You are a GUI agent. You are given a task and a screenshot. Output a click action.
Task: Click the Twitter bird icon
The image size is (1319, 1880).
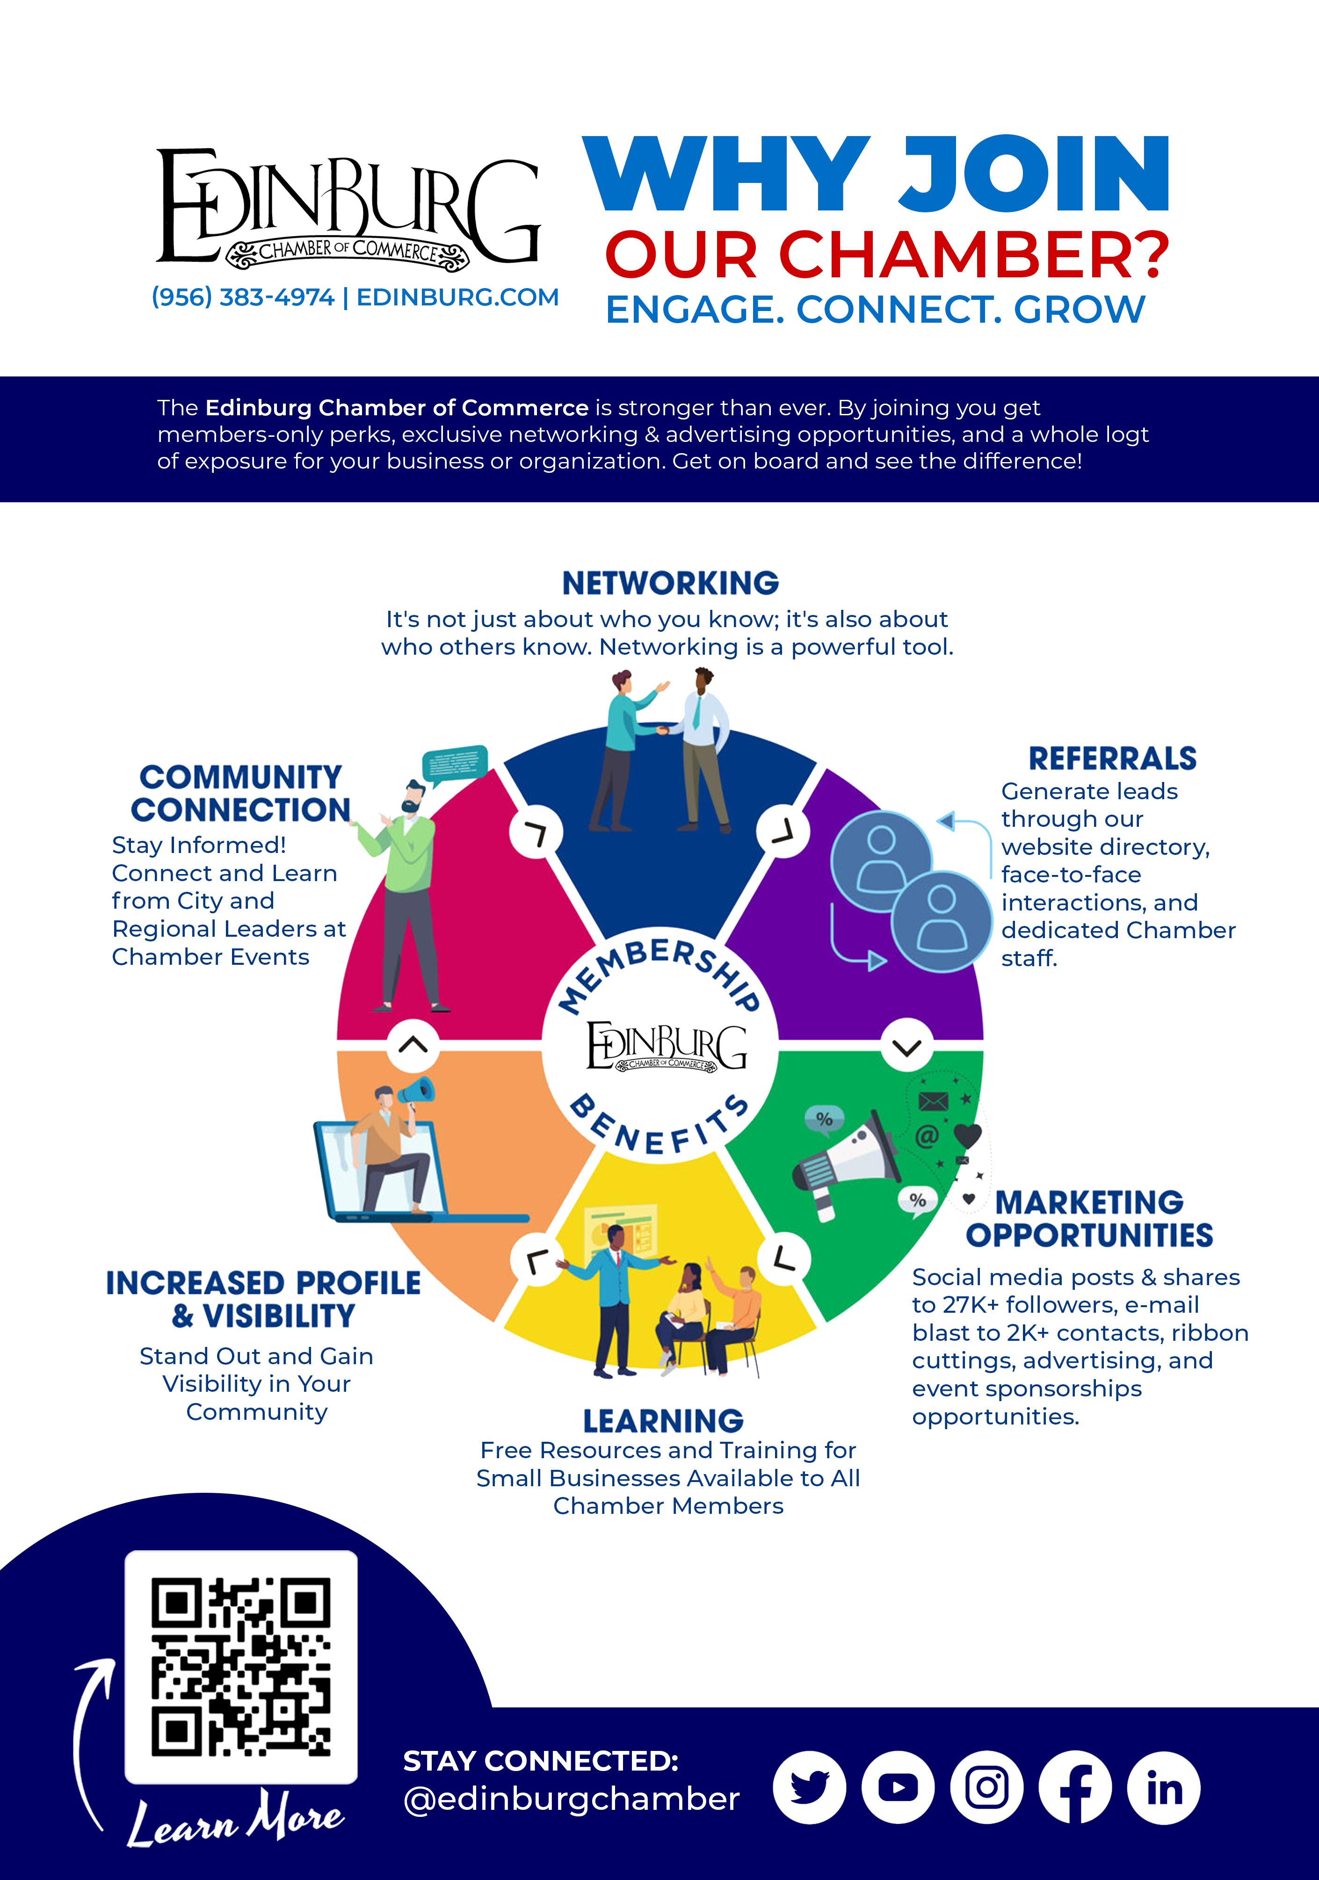(809, 1787)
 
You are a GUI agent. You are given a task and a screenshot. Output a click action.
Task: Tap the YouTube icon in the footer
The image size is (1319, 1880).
(898, 1787)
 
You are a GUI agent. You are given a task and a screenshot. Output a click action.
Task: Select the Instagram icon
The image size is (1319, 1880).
(986, 1787)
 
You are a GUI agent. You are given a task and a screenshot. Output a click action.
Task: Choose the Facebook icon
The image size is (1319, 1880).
(1075, 1787)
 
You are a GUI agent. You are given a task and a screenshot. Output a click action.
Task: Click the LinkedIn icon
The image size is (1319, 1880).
(1163, 1787)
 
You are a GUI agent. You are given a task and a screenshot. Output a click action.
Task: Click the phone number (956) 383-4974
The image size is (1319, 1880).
(243, 297)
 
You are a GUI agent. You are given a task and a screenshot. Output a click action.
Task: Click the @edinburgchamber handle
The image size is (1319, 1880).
(572, 1799)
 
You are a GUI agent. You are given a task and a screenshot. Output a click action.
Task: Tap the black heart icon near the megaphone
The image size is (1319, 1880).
(968, 1135)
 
